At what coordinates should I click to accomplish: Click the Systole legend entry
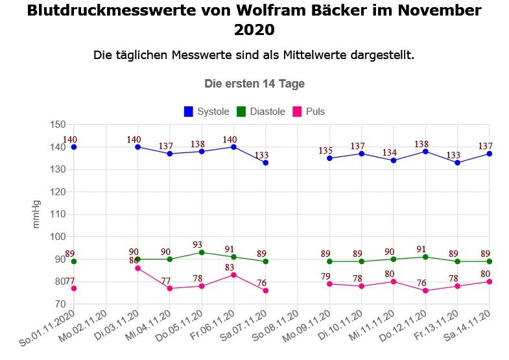[206, 112]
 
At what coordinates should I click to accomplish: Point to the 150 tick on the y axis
[58, 125]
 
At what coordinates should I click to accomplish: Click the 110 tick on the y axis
[58, 214]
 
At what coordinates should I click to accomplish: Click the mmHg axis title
[36, 214]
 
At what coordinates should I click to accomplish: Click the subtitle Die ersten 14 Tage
[254, 84]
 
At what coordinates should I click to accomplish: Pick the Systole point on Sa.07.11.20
[265, 163]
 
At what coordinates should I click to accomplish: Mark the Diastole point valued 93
[202, 252]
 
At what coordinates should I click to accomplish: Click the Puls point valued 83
[233, 275]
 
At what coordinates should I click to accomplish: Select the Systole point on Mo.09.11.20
[329, 158]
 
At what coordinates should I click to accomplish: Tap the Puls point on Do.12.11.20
[425, 291]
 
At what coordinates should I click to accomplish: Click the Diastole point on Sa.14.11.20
[489, 261]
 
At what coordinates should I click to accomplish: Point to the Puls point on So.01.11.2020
[74, 288]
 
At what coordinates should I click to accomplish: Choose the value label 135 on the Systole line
[326, 150]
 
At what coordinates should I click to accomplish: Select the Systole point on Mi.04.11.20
[170, 154]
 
